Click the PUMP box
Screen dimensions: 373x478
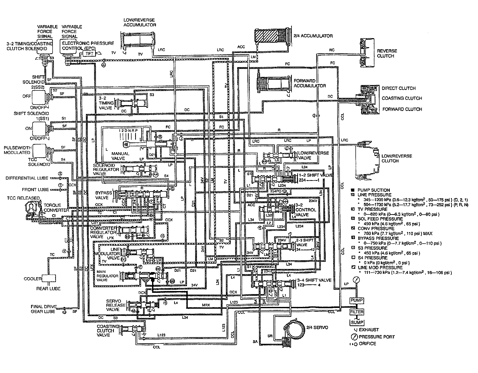(x=356, y=300)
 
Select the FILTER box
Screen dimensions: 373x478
(x=356, y=312)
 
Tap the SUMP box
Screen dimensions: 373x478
(x=356, y=322)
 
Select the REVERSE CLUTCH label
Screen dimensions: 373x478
(x=387, y=53)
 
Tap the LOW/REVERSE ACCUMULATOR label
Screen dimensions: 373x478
(x=140, y=22)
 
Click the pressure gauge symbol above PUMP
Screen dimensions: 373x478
(x=356, y=280)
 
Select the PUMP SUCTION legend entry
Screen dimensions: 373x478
(x=373, y=190)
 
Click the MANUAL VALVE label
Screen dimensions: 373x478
(x=120, y=156)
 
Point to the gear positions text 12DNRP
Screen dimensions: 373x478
(x=128, y=131)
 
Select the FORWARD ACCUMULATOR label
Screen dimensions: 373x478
(x=310, y=83)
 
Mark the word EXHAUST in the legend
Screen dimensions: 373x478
(x=369, y=329)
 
